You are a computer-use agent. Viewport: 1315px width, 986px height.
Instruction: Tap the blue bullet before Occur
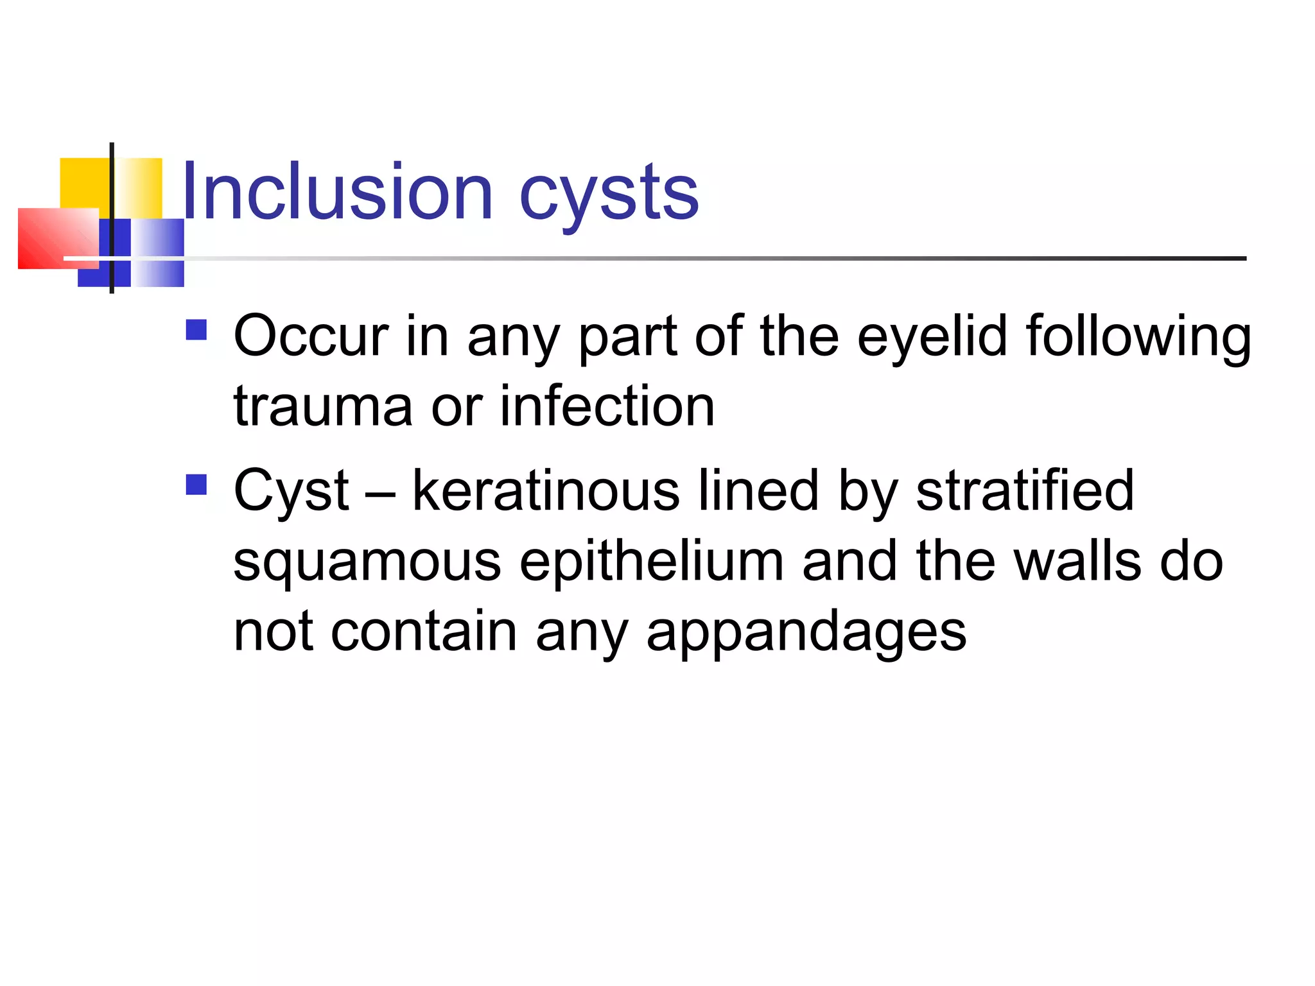coord(196,330)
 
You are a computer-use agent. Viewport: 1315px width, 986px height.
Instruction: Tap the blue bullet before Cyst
coord(196,485)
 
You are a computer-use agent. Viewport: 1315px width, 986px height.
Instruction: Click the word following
coord(1138,337)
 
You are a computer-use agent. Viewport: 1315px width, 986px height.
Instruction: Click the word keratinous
coord(546,490)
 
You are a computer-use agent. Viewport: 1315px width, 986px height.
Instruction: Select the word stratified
coord(1025,490)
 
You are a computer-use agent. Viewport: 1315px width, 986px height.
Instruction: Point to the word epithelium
coord(651,562)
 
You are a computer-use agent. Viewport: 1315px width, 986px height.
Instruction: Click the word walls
coord(1078,561)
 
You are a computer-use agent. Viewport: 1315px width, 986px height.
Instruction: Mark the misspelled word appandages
coord(806,633)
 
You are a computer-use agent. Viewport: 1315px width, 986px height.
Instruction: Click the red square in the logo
coord(51,238)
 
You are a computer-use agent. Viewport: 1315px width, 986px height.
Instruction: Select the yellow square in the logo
coord(83,183)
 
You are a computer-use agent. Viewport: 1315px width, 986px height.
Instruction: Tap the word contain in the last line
coord(423,632)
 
